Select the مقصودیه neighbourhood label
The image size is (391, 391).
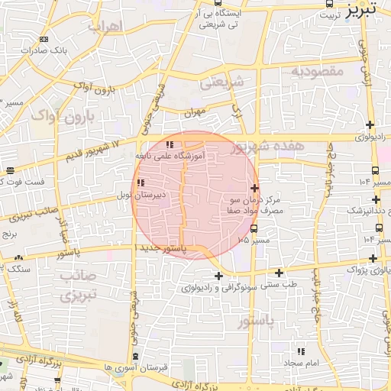click(x=318, y=71)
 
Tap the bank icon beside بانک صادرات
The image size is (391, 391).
click(x=44, y=39)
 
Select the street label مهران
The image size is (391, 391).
click(x=195, y=111)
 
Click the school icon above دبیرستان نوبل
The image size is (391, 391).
click(x=141, y=183)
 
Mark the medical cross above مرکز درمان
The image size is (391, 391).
click(x=254, y=188)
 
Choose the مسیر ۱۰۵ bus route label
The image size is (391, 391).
click(x=254, y=240)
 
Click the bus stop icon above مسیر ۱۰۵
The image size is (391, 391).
click(x=254, y=228)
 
